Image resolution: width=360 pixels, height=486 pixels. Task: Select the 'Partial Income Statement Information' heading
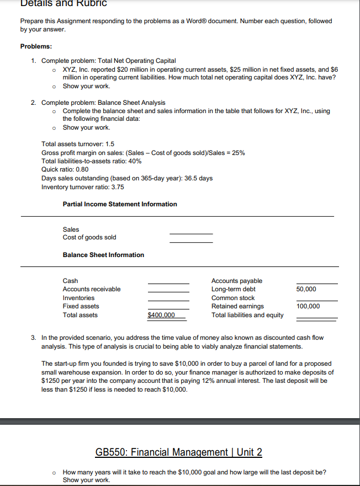pyautogui.click(x=120, y=204)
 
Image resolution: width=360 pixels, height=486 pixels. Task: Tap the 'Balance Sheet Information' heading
pyautogui.click(x=103, y=255)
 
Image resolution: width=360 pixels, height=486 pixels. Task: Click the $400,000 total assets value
pyautogui.click(x=161, y=315)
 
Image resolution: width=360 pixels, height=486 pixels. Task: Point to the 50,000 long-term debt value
pyautogui.click(x=306, y=289)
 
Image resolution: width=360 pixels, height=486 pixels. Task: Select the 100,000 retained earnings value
pyautogui.click(x=308, y=306)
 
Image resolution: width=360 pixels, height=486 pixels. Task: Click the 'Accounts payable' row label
pyautogui.click(x=237, y=281)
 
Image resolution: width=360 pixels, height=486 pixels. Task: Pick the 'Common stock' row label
pyautogui.click(x=233, y=298)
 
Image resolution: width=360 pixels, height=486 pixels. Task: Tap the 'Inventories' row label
pyautogui.click(x=78, y=298)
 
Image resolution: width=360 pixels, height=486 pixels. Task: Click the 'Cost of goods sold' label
pyautogui.click(x=89, y=237)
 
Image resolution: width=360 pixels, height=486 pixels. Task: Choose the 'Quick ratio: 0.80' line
pyautogui.click(x=65, y=170)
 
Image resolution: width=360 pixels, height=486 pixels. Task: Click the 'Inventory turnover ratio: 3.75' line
pyautogui.click(x=83, y=187)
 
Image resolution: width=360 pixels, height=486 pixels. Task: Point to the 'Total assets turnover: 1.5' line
pyautogui.click(x=78, y=144)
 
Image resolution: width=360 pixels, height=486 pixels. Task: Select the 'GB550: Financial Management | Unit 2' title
pyautogui.click(x=179, y=453)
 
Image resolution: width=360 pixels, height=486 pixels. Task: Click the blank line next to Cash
pyautogui.click(x=168, y=282)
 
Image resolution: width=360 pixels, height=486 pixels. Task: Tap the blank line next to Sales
pyautogui.click(x=190, y=232)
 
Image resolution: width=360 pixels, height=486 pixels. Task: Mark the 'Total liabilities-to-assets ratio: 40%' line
pyautogui.click(x=91, y=161)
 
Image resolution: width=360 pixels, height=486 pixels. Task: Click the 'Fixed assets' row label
pyautogui.click(x=81, y=306)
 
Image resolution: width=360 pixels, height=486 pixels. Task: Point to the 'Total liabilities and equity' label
pyautogui.click(x=247, y=315)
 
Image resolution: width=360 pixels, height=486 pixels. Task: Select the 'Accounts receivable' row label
pyautogui.click(x=92, y=289)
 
